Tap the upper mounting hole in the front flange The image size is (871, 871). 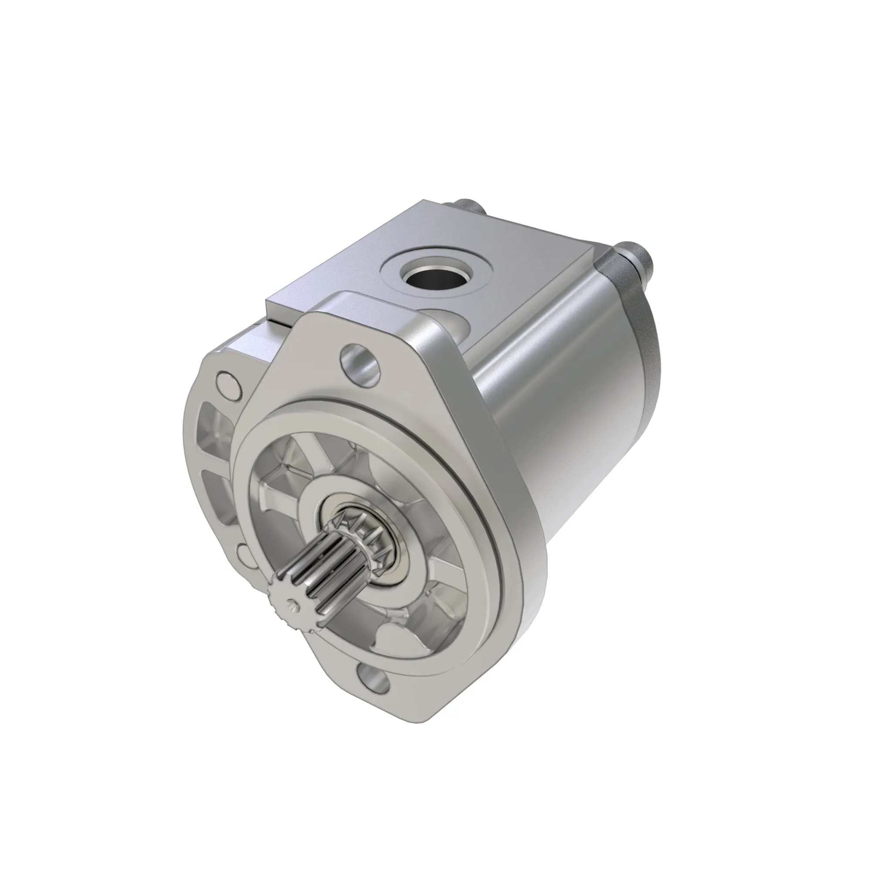click(360, 361)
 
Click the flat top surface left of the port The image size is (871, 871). click(343, 270)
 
